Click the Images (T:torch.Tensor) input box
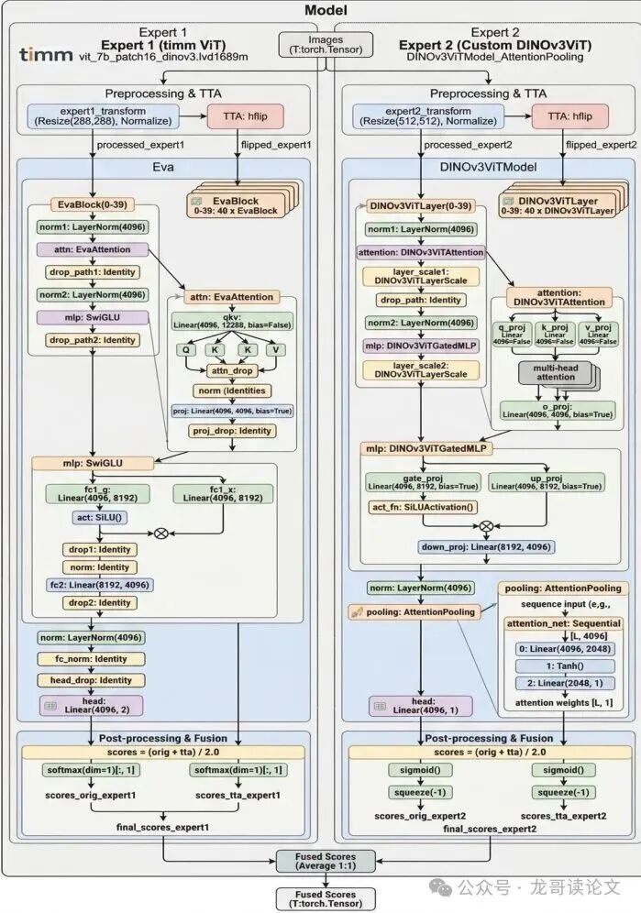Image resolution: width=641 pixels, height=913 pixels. click(320, 45)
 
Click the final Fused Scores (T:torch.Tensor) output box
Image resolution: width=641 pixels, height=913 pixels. click(320, 897)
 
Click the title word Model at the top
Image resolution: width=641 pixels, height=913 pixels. click(320, 11)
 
